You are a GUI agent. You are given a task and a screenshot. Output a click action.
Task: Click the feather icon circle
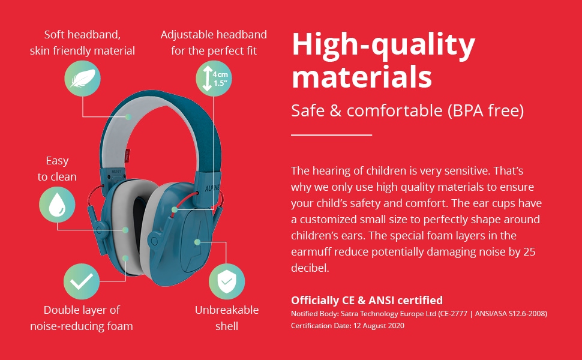pyautogui.click(x=82, y=79)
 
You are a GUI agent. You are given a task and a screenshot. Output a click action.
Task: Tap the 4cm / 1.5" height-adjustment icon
pyautogui.click(x=214, y=79)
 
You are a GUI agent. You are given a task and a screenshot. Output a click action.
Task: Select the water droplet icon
pyautogui.click(x=57, y=205)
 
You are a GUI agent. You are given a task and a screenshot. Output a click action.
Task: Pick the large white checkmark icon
pyautogui.click(x=82, y=281)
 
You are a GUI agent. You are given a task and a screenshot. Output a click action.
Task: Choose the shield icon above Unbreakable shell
pyautogui.click(x=227, y=281)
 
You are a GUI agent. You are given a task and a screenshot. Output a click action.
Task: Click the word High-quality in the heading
pyautogui.click(x=384, y=45)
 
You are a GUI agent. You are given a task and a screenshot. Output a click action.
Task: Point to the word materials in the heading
pyautogui.click(x=362, y=77)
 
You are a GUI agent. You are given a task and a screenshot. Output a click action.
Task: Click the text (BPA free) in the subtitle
pyautogui.click(x=486, y=110)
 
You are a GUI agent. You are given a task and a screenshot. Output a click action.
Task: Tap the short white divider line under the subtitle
pyautogui.click(x=331, y=135)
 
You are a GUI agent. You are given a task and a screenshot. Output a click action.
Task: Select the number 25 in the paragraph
pyautogui.click(x=529, y=251)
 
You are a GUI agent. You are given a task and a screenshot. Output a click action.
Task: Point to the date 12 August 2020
pyautogui.click(x=379, y=325)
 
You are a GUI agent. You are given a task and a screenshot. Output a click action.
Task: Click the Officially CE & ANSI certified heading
pyautogui.click(x=367, y=300)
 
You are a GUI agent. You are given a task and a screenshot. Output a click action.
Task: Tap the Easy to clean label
pyautogui.click(x=57, y=169)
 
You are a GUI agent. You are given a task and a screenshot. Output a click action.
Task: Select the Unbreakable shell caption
pyautogui.click(x=227, y=318)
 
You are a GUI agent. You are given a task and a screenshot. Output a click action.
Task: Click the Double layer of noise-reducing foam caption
pyautogui.click(x=81, y=318)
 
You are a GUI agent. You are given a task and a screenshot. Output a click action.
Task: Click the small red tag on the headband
pyautogui.click(x=128, y=154)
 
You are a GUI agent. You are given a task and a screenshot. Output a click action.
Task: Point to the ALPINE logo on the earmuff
pyautogui.click(x=212, y=188)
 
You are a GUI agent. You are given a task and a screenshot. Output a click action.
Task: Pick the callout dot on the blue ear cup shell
pyautogui.click(x=197, y=242)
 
